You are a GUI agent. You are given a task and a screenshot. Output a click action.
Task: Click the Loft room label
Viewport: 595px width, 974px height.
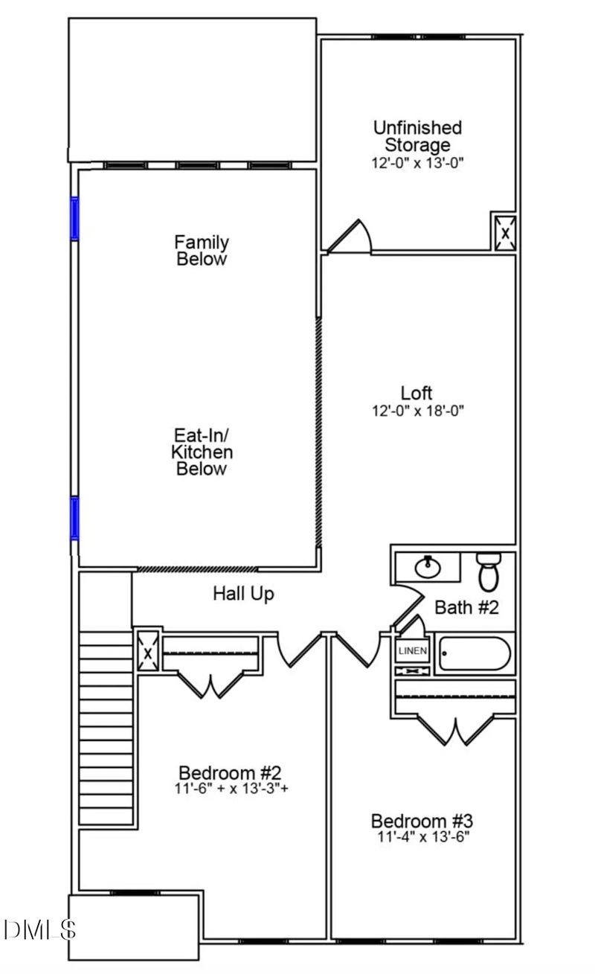[x=416, y=393]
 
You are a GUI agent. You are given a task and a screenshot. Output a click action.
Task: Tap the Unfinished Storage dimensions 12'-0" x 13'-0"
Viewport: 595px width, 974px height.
[x=417, y=163]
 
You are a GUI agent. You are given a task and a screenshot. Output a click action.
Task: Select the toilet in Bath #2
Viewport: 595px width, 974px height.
[x=489, y=571]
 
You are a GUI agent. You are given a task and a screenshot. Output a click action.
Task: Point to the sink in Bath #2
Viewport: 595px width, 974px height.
[x=428, y=567]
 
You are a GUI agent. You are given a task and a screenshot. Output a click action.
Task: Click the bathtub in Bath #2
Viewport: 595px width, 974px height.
[x=475, y=653]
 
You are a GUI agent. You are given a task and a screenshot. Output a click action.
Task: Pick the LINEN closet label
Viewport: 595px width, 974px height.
[x=413, y=651]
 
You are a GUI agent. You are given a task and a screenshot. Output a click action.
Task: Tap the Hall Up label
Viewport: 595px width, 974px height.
[x=243, y=594]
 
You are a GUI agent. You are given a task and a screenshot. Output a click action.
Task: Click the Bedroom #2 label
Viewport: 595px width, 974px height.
[x=230, y=772]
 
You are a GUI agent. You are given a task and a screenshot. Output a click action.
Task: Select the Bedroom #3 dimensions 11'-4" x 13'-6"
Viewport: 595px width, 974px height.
[x=423, y=836]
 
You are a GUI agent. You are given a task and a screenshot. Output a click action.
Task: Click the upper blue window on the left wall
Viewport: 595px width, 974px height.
[x=75, y=218]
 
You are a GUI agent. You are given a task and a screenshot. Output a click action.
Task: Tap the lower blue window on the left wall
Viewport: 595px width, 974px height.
[x=75, y=519]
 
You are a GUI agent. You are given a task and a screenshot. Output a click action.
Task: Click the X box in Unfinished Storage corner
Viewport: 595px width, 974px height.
[x=505, y=234]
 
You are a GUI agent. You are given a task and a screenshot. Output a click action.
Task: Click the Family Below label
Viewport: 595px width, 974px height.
[x=202, y=251]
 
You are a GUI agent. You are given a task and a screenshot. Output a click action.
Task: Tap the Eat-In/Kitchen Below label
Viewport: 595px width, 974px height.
[x=202, y=452]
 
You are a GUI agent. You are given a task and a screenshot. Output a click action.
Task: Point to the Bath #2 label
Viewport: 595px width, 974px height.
[x=467, y=607]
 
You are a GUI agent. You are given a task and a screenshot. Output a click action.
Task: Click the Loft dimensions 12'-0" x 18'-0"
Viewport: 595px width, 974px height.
[x=418, y=411]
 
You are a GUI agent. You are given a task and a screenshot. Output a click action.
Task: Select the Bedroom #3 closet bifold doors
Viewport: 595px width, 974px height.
[x=455, y=731]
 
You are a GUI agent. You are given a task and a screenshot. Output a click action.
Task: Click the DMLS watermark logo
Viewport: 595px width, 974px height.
[x=40, y=930]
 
